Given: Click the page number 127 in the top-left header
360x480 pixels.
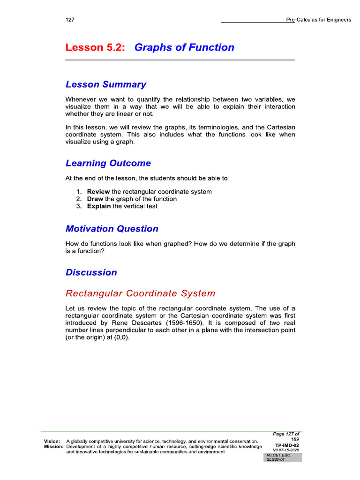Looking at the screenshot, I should click(70, 20).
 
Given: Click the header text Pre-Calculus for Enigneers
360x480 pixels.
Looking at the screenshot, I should click(318, 20).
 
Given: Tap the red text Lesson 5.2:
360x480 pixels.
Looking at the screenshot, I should click(95, 47).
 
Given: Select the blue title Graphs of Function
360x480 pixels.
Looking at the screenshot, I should click(184, 47).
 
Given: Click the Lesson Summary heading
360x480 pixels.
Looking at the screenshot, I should click(105, 84).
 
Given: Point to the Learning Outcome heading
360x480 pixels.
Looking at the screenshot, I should click(108, 163).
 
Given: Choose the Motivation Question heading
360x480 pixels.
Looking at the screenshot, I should click(112, 229).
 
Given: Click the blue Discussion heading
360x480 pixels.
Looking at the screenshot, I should click(91, 272).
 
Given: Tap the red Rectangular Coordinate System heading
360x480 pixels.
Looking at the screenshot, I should click(140, 293).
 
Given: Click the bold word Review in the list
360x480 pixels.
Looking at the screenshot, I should click(98, 192).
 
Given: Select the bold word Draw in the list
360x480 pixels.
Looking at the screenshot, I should click(95, 199).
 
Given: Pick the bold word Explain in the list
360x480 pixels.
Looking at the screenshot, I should click(99, 206).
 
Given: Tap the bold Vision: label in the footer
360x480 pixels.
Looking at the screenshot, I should click(52, 441).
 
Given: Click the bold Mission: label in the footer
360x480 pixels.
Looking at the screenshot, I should click(53, 447).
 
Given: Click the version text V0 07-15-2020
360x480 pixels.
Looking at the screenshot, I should click(285, 450).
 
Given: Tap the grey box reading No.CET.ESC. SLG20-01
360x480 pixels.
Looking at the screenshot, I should click(283, 457).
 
